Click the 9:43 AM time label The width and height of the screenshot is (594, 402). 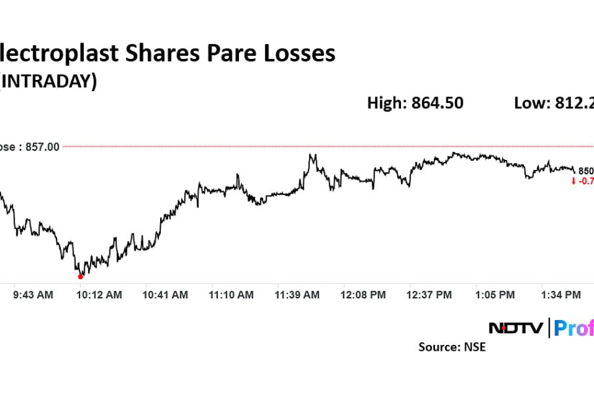pos(33,295)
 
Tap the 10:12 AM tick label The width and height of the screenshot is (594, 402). pos(99,295)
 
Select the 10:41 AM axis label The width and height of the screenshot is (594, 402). pos(165,295)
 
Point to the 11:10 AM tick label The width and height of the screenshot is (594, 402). pos(231,295)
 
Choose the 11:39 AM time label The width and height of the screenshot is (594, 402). pos(297,295)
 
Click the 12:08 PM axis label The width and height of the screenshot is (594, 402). pos(363,295)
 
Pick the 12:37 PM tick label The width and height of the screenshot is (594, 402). pos(429,295)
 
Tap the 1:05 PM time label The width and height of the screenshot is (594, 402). pos(495,295)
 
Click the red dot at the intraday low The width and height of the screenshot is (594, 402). pos(81,277)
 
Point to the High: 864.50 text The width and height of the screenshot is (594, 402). pos(415,103)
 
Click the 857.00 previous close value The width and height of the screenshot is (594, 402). pos(42,147)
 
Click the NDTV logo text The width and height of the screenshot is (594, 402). pos(516,327)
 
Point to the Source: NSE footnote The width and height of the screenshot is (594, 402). pos(452,347)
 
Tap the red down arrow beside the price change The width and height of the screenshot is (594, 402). pos(574,181)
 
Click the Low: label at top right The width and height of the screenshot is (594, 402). pos(532,103)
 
